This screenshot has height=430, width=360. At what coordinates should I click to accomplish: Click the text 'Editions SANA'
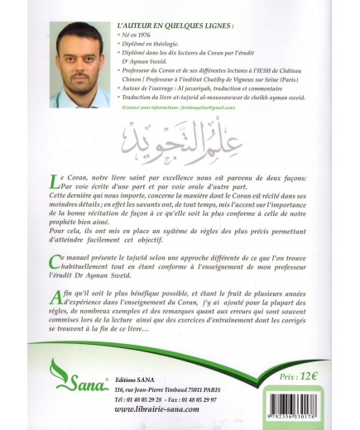pos(137,377)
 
